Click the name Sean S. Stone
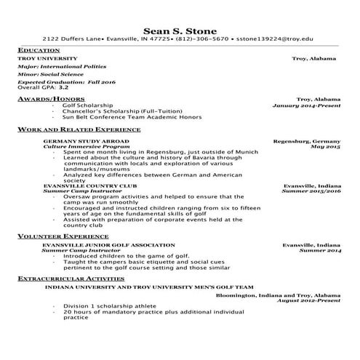[180, 30]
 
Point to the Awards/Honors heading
[45, 97]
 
